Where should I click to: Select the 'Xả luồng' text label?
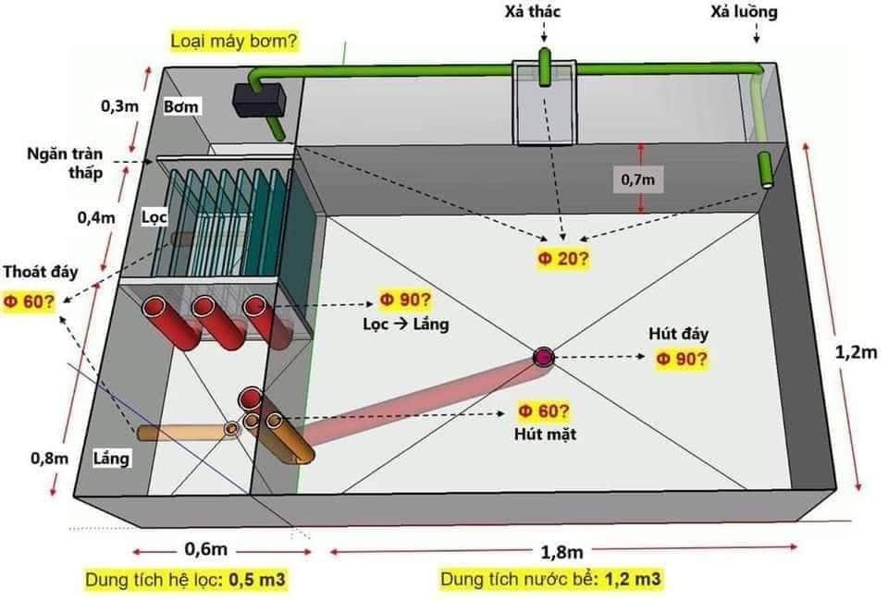click(744, 13)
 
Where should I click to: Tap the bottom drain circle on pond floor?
click(542, 356)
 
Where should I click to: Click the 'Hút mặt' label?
click(546, 433)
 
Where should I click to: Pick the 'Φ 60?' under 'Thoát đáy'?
click(27, 301)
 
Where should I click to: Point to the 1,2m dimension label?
click(857, 351)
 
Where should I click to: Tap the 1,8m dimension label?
click(563, 552)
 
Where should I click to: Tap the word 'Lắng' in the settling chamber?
click(112, 458)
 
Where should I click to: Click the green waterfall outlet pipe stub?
click(546, 66)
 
